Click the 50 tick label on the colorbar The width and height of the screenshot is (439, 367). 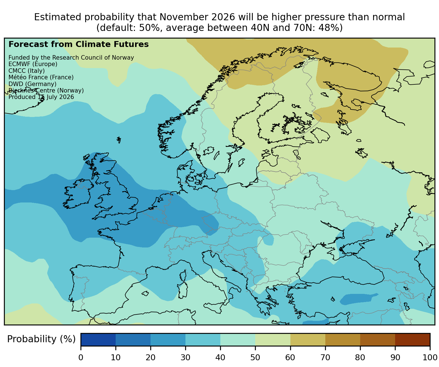(255, 357)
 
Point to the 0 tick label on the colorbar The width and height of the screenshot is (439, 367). (81, 357)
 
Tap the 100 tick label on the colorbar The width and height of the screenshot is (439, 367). (430, 357)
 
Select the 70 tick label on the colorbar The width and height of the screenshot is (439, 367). (325, 357)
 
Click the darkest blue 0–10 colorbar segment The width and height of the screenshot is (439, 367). (98, 339)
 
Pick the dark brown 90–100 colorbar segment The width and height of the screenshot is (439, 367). (412, 339)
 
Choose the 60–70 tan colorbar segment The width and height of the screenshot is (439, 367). (308, 339)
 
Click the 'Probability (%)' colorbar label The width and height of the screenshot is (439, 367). (41, 339)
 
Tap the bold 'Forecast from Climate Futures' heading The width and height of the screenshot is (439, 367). (79, 44)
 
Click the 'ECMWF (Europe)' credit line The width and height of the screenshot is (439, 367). (33, 64)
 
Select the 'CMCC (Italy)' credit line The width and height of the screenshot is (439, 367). (26, 71)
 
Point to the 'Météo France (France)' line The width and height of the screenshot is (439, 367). (41, 77)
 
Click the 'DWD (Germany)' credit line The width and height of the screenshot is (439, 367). (32, 84)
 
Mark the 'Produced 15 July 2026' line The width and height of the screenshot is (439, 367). (41, 97)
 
